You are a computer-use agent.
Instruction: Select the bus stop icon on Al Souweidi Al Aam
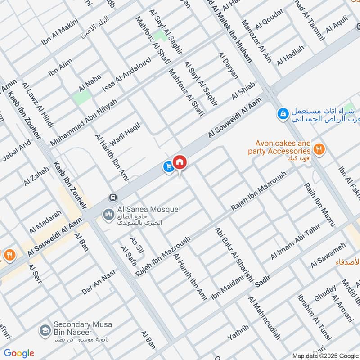pyautogui.click(x=112, y=198)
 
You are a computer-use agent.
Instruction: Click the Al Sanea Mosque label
pyautogui.click(x=141, y=210)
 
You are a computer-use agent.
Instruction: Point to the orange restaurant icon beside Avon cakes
pyautogui.click(x=319, y=150)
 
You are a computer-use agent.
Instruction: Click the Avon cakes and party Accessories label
pyautogui.click(x=279, y=148)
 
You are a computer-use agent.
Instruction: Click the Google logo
pyautogui.click(x=19, y=353)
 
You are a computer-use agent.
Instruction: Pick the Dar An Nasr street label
pyautogui.click(x=99, y=282)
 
